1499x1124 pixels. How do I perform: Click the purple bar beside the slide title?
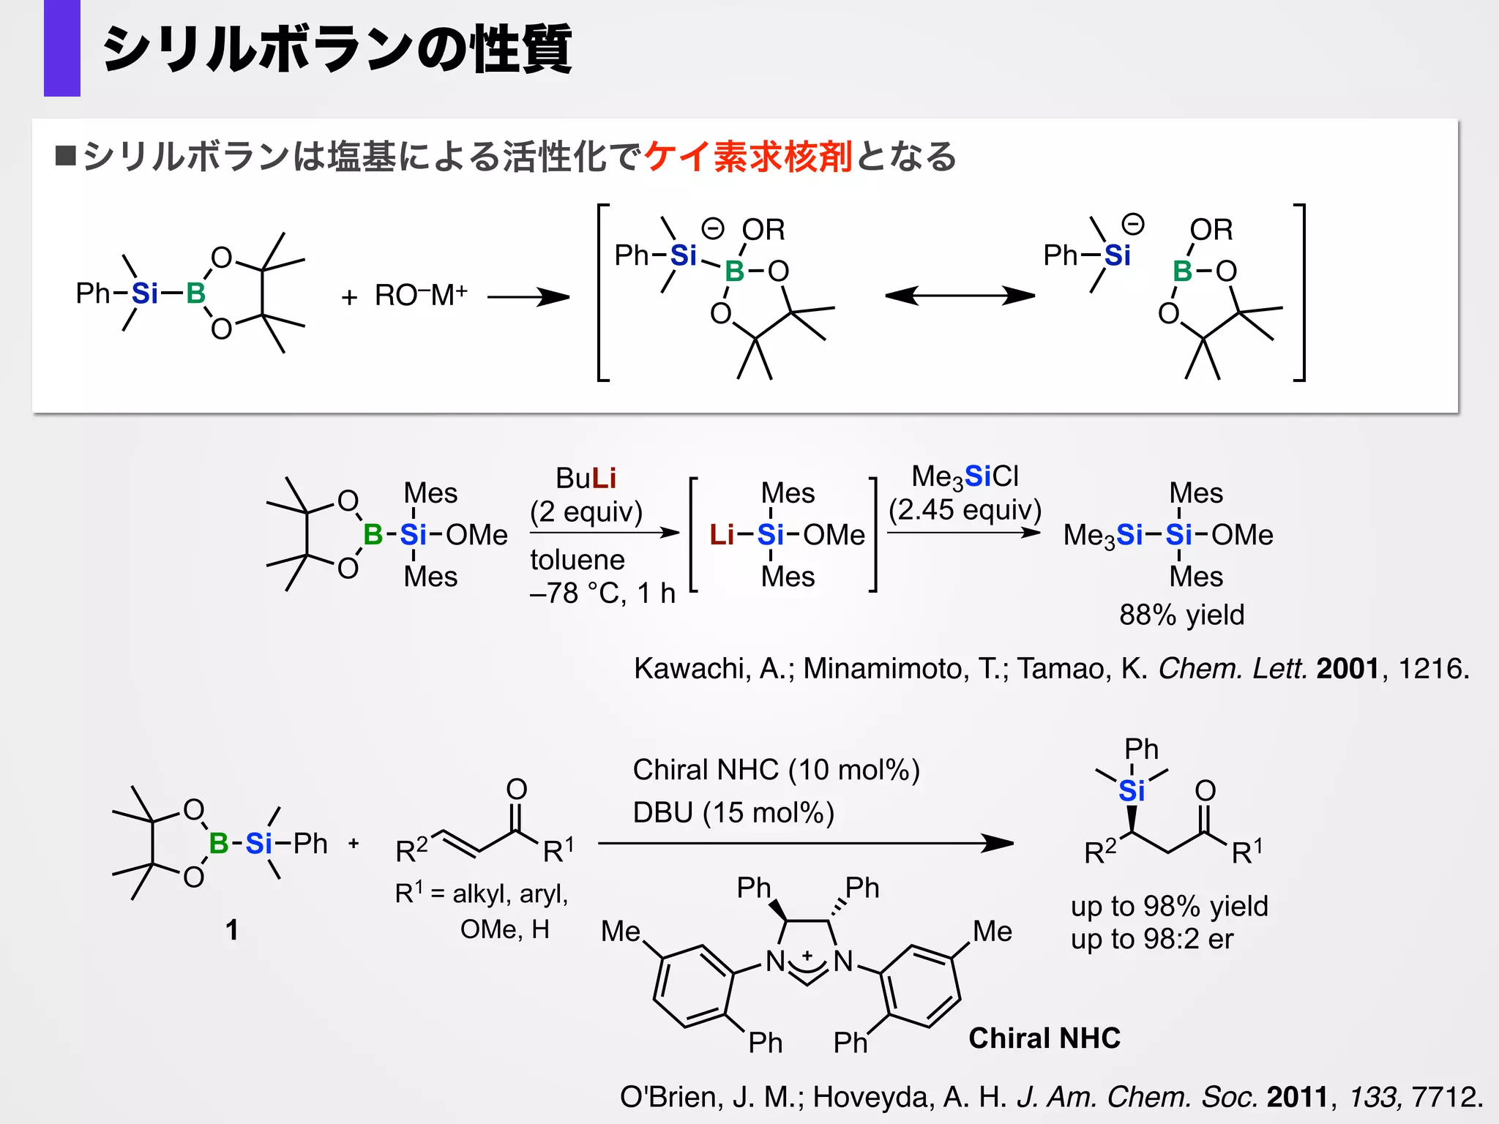click(x=62, y=48)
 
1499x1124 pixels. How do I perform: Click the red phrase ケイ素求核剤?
click(x=748, y=157)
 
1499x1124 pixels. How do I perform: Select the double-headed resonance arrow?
click(x=960, y=296)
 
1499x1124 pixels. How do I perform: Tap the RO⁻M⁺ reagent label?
click(x=421, y=296)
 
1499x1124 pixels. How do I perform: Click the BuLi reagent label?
click(x=586, y=479)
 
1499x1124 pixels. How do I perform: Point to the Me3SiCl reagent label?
click(x=965, y=477)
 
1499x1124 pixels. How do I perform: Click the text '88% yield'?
click(x=1181, y=615)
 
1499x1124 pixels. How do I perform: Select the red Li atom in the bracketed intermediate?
click(x=721, y=535)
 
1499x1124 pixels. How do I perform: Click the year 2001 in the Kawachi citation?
click(x=1347, y=668)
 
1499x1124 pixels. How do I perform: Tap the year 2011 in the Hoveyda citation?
click(x=1297, y=1097)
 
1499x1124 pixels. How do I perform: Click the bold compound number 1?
click(x=231, y=930)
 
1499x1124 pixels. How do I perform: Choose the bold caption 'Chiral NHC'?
click(x=1044, y=1038)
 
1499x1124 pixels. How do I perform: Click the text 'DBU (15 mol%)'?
click(x=733, y=813)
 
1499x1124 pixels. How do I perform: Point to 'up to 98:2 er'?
click(x=1151, y=939)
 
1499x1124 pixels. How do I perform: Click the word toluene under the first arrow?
click(x=577, y=560)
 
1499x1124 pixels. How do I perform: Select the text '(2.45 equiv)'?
click(x=965, y=510)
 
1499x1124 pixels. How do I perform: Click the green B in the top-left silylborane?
click(x=195, y=293)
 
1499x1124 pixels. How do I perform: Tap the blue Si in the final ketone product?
click(x=1132, y=791)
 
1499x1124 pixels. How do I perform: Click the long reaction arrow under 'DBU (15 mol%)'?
click(x=805, y=844)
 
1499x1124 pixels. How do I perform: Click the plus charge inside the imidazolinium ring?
click(x=807, y=956)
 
